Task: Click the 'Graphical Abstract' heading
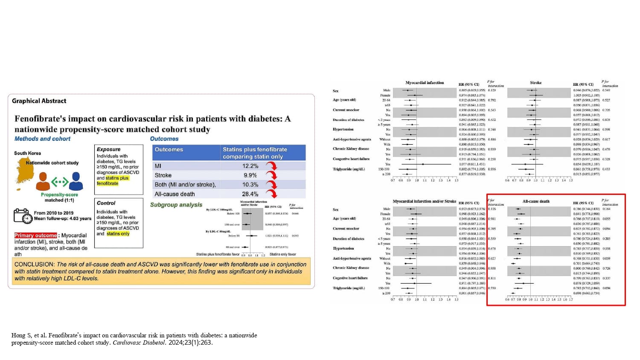point(39,101)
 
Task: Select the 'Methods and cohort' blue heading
point(42,139)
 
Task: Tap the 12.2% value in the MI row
point(250,166)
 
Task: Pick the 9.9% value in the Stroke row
point(250,175)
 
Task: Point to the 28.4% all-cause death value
point(250,194)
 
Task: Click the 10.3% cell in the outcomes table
point(250,185)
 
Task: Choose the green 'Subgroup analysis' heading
point(176,205)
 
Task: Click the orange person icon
point(43,181)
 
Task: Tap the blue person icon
point(76,181)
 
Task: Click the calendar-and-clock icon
point(23,216)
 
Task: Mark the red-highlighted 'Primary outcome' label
point(35,235)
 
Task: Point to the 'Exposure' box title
point(108,149)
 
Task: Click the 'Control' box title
point(106,203)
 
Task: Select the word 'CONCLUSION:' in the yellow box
point(34,264)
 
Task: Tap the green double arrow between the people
point(60,183)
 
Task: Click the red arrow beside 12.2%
point(271,165)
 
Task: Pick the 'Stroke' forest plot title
point(535,83)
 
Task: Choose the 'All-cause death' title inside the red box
point(536,201)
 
